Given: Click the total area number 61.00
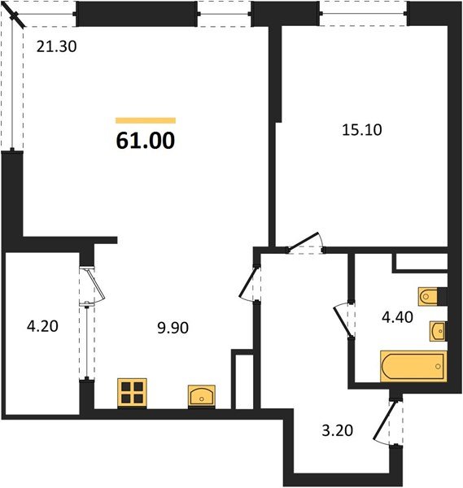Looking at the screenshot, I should coord(145,142).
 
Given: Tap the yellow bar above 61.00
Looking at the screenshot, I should coord(145,120).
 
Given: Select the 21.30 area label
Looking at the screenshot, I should coord(56,46).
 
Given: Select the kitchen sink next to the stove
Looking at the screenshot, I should coord(202,395).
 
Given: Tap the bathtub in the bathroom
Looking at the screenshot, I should coord(413,365).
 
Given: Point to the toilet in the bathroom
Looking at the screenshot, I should coord(429,295).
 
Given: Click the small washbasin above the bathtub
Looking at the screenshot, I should coord(437,330).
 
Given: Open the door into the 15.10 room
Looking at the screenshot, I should coord(307,242).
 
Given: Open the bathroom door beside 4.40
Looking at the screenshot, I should coord(343,318).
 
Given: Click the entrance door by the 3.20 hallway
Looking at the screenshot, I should coord(387,423).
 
